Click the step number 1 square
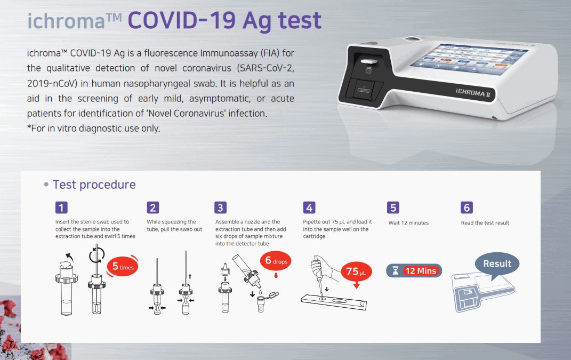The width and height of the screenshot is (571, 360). click(61, 207)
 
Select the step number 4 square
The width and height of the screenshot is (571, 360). click(309, 207)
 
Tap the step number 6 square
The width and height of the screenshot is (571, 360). click(467, 207)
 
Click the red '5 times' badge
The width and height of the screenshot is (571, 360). click(123, 267)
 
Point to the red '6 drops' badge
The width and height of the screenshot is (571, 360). click(276, 261)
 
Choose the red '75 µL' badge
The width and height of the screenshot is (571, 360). click(356, 271)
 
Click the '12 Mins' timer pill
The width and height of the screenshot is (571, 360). click(414, 271)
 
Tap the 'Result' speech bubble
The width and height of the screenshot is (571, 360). click(497, 264)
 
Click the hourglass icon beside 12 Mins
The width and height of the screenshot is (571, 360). click(395, 271)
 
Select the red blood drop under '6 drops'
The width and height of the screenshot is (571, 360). click(276, 275)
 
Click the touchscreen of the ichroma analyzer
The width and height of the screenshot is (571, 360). click(469, 60)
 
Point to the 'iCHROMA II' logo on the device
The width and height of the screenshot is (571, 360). click(473, 93)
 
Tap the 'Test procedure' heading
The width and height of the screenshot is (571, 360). click(94, 185)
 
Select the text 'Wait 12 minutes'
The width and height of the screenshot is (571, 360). click(408, 222)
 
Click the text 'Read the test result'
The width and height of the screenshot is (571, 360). click(485, 222)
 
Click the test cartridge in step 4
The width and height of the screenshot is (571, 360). click(334, 302)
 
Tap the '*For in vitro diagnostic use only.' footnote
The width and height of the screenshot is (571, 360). click(94, 128)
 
